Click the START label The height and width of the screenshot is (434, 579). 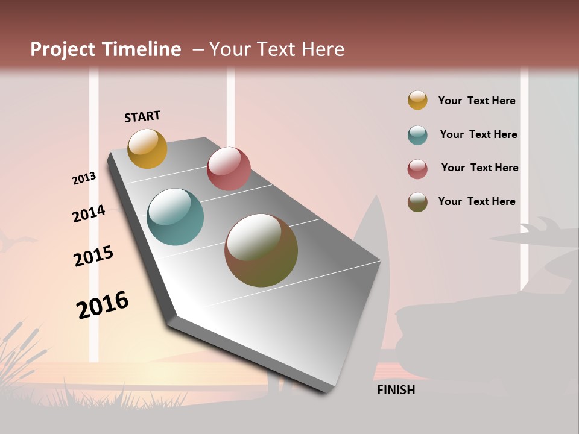(x=142, y=116)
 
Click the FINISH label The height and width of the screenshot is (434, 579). (x=396, y=390)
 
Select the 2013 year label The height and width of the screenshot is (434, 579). (x=84, y=178)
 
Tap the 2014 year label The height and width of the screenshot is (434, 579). (x=89, y=213)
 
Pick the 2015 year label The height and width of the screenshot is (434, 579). (x=93, y=256)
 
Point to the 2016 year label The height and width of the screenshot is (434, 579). (x=103, y=304)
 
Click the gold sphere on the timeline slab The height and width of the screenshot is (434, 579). (x=147, y=148)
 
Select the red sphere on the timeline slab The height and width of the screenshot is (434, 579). (x=229, y=169)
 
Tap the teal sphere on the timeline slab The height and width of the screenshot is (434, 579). (x=175, y=217)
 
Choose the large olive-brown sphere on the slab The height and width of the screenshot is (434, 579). (x=261, y=250)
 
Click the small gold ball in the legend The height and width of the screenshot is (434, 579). (x=417, y=100)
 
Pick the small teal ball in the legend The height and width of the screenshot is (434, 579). (x=417, y=135)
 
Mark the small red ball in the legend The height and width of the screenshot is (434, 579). (x=417, y=169)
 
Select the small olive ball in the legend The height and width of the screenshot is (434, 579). (x=417, y=202)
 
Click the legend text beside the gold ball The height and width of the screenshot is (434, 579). (x=476, y=101)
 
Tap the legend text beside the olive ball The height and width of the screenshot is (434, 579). (x=476, y=201)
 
